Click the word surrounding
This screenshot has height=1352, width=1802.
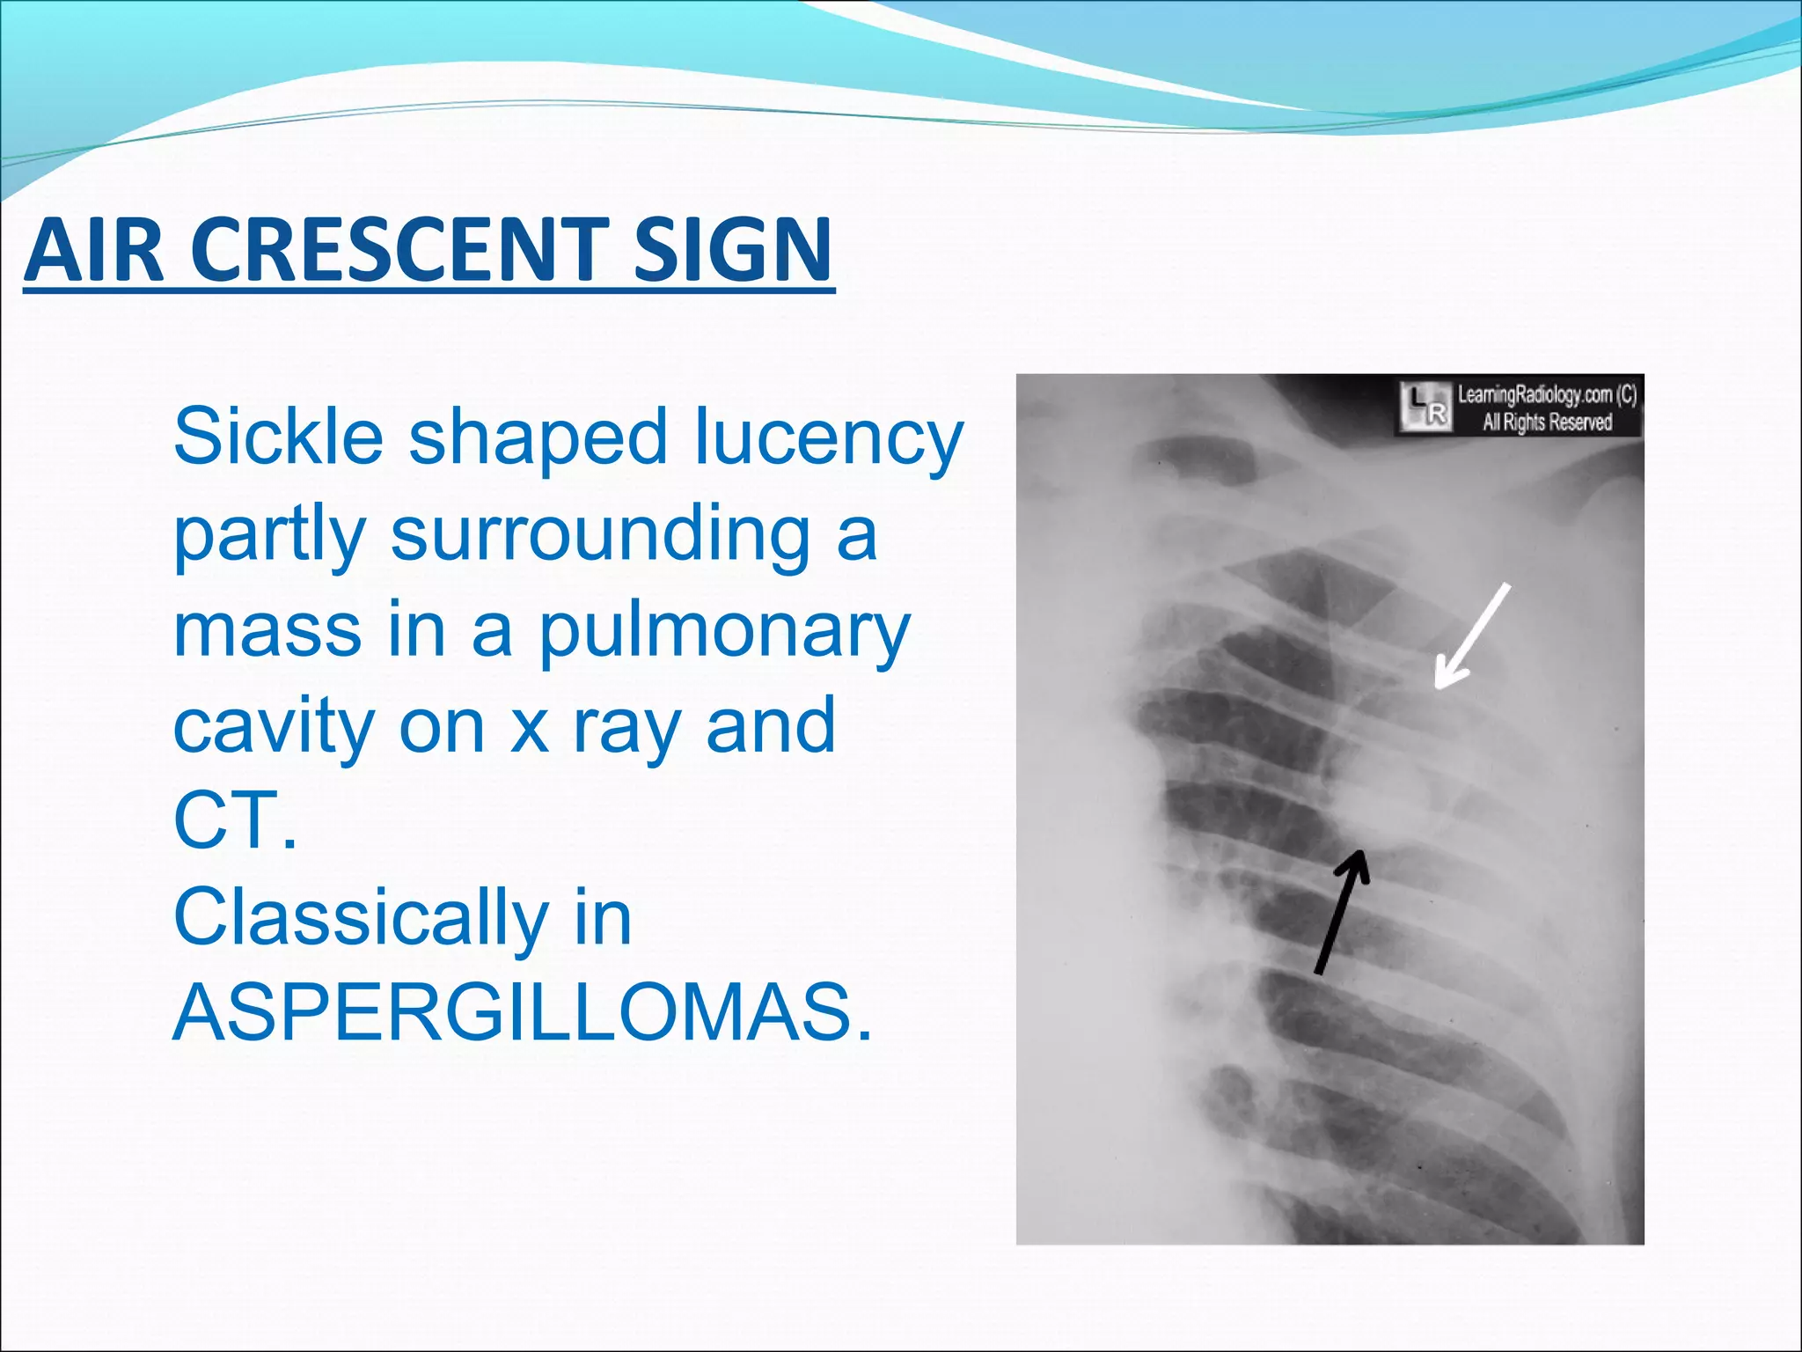pos(600,534)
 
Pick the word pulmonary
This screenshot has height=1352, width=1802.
pos(724,631)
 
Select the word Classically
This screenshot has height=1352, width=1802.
pos(362,918)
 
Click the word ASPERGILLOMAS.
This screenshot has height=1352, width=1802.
pos(524,1013)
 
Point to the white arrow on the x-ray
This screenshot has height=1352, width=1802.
pos(1471,636)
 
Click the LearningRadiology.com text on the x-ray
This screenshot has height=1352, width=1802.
pos(1546,394)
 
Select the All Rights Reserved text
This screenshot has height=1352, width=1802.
pos(1546,422)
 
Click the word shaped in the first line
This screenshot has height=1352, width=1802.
pos(538,437)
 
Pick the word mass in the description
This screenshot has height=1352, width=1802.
pos(267,631)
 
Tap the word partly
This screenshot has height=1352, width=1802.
pos(269,534)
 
